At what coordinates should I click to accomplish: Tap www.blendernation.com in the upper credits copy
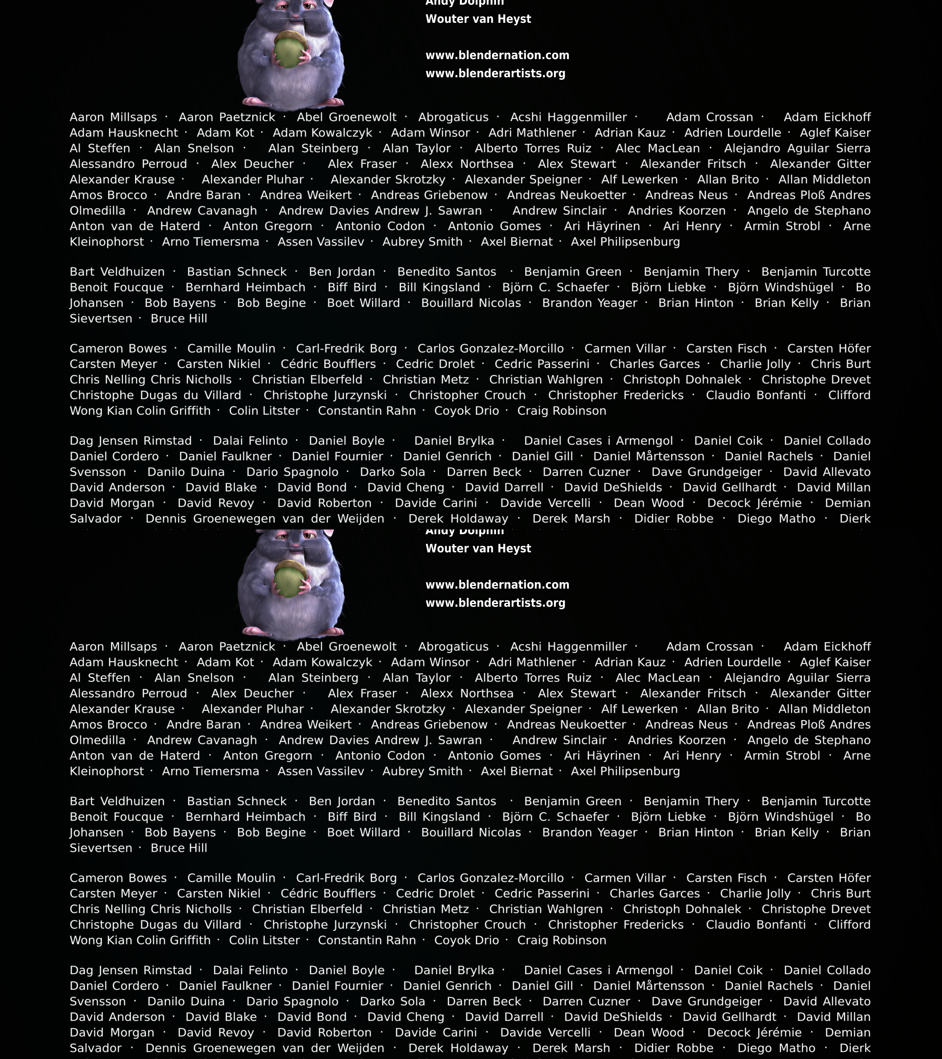pyautogui.click(x=497, y=56)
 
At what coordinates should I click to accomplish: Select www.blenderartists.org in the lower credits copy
pyautogui.click(x=495, y=603)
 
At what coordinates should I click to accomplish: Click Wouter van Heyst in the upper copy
pyautogui.click(x=478, y=19)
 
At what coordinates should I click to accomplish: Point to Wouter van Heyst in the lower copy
pyautogui.click(x=478, y=549)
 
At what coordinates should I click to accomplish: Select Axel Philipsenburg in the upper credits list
pyautogui.click(x=625, y=242)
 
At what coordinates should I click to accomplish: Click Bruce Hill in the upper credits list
pyautogui.click(x=179, y=319)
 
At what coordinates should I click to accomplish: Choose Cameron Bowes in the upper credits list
pyautogui.click(x=118, y=349)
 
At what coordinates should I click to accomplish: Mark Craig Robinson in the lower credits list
pyautogui.click(x=561, y=940)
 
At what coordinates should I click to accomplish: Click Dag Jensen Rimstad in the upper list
pyautogui.click(x=131, y=441)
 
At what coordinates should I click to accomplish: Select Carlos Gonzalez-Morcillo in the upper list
pyautogui.click(x=491, y=349)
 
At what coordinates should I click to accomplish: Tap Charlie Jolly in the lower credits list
pyautogui.click(x=755, y=894)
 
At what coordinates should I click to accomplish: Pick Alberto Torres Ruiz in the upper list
pyautogui.click(x=533, y=149)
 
